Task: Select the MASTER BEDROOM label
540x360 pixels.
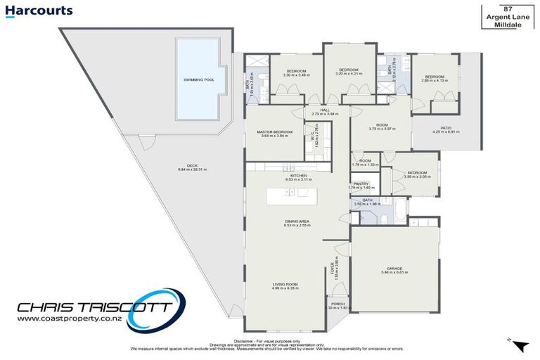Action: point(274,134)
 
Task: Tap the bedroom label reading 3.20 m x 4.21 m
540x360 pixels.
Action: point(349,71)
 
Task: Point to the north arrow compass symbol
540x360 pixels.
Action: point(520,345)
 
